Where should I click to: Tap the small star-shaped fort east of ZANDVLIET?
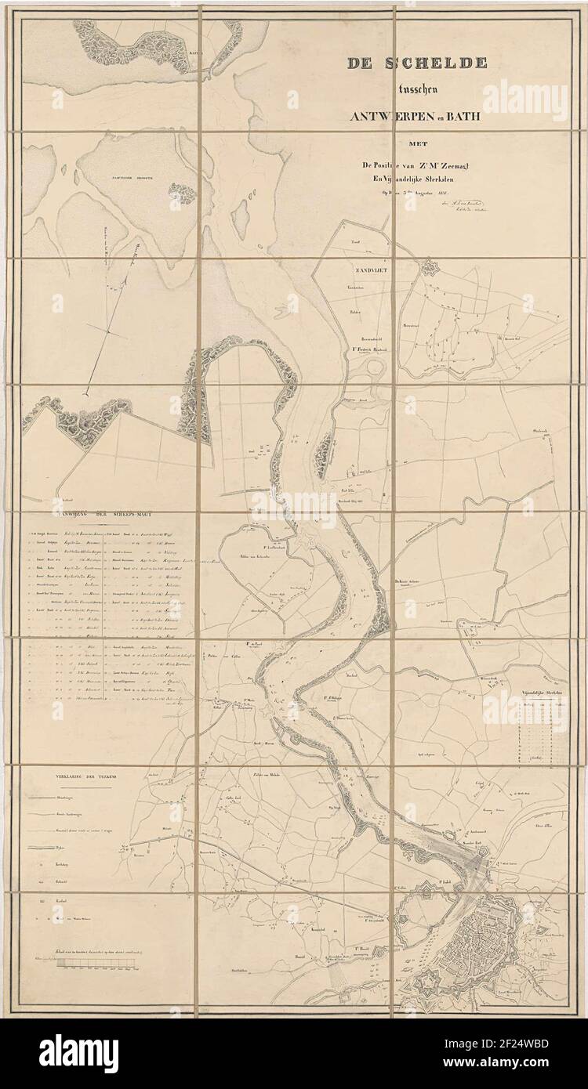(x=430, y=269)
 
